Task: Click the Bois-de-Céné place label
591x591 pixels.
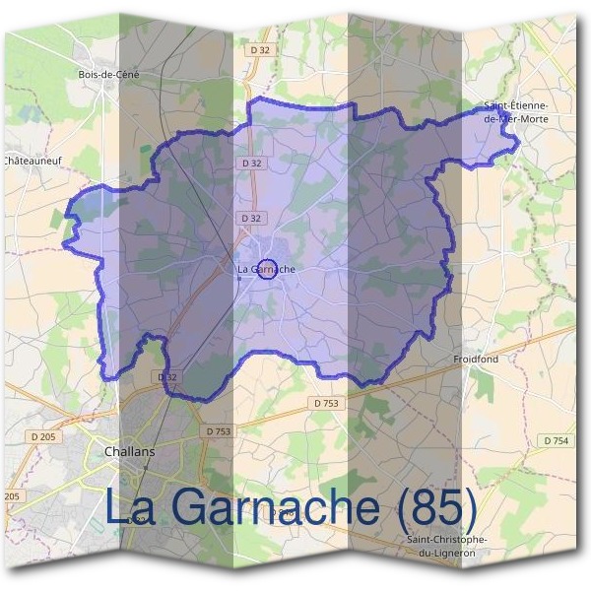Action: [108, 74]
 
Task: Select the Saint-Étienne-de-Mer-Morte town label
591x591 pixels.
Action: [515, 111]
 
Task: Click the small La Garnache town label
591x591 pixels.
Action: [266, 269]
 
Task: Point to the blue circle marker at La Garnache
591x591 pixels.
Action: [265, 268]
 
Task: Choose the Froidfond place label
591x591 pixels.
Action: [475, 360]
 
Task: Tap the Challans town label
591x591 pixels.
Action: [129, 451]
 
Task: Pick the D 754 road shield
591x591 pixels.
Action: [556, 440]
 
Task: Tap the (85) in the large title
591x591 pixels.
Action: [433, 506]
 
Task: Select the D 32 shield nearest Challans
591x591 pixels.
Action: [166, 377]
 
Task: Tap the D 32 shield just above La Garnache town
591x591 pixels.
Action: [251, 218]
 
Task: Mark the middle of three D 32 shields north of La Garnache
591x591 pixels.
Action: [251, 163]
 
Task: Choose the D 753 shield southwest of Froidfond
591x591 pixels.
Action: [325, 403]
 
